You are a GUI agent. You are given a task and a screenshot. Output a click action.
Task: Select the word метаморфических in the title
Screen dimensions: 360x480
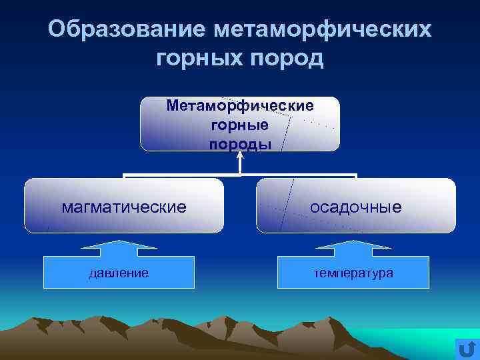tap(323, 29)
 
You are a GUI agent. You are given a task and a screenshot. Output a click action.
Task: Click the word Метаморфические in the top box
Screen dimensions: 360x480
tap(240, 105)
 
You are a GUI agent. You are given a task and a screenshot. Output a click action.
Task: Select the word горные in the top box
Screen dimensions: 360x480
tap(240, 125)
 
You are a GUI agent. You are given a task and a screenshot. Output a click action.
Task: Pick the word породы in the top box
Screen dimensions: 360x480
tap(240, 143)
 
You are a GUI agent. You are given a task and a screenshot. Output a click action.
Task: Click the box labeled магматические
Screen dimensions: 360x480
tap(124, 206)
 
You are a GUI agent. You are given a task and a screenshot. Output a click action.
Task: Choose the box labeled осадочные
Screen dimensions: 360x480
tap(355, 206)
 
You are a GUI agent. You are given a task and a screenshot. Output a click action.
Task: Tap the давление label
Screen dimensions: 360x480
tap(119, 273)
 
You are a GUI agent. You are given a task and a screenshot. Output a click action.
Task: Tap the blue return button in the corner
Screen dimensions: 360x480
tap(467, 348)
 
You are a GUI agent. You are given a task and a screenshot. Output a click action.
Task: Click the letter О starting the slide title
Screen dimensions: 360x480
tap(58, 29)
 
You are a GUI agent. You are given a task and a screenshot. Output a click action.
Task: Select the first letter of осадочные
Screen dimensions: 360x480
tap(313, 207)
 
